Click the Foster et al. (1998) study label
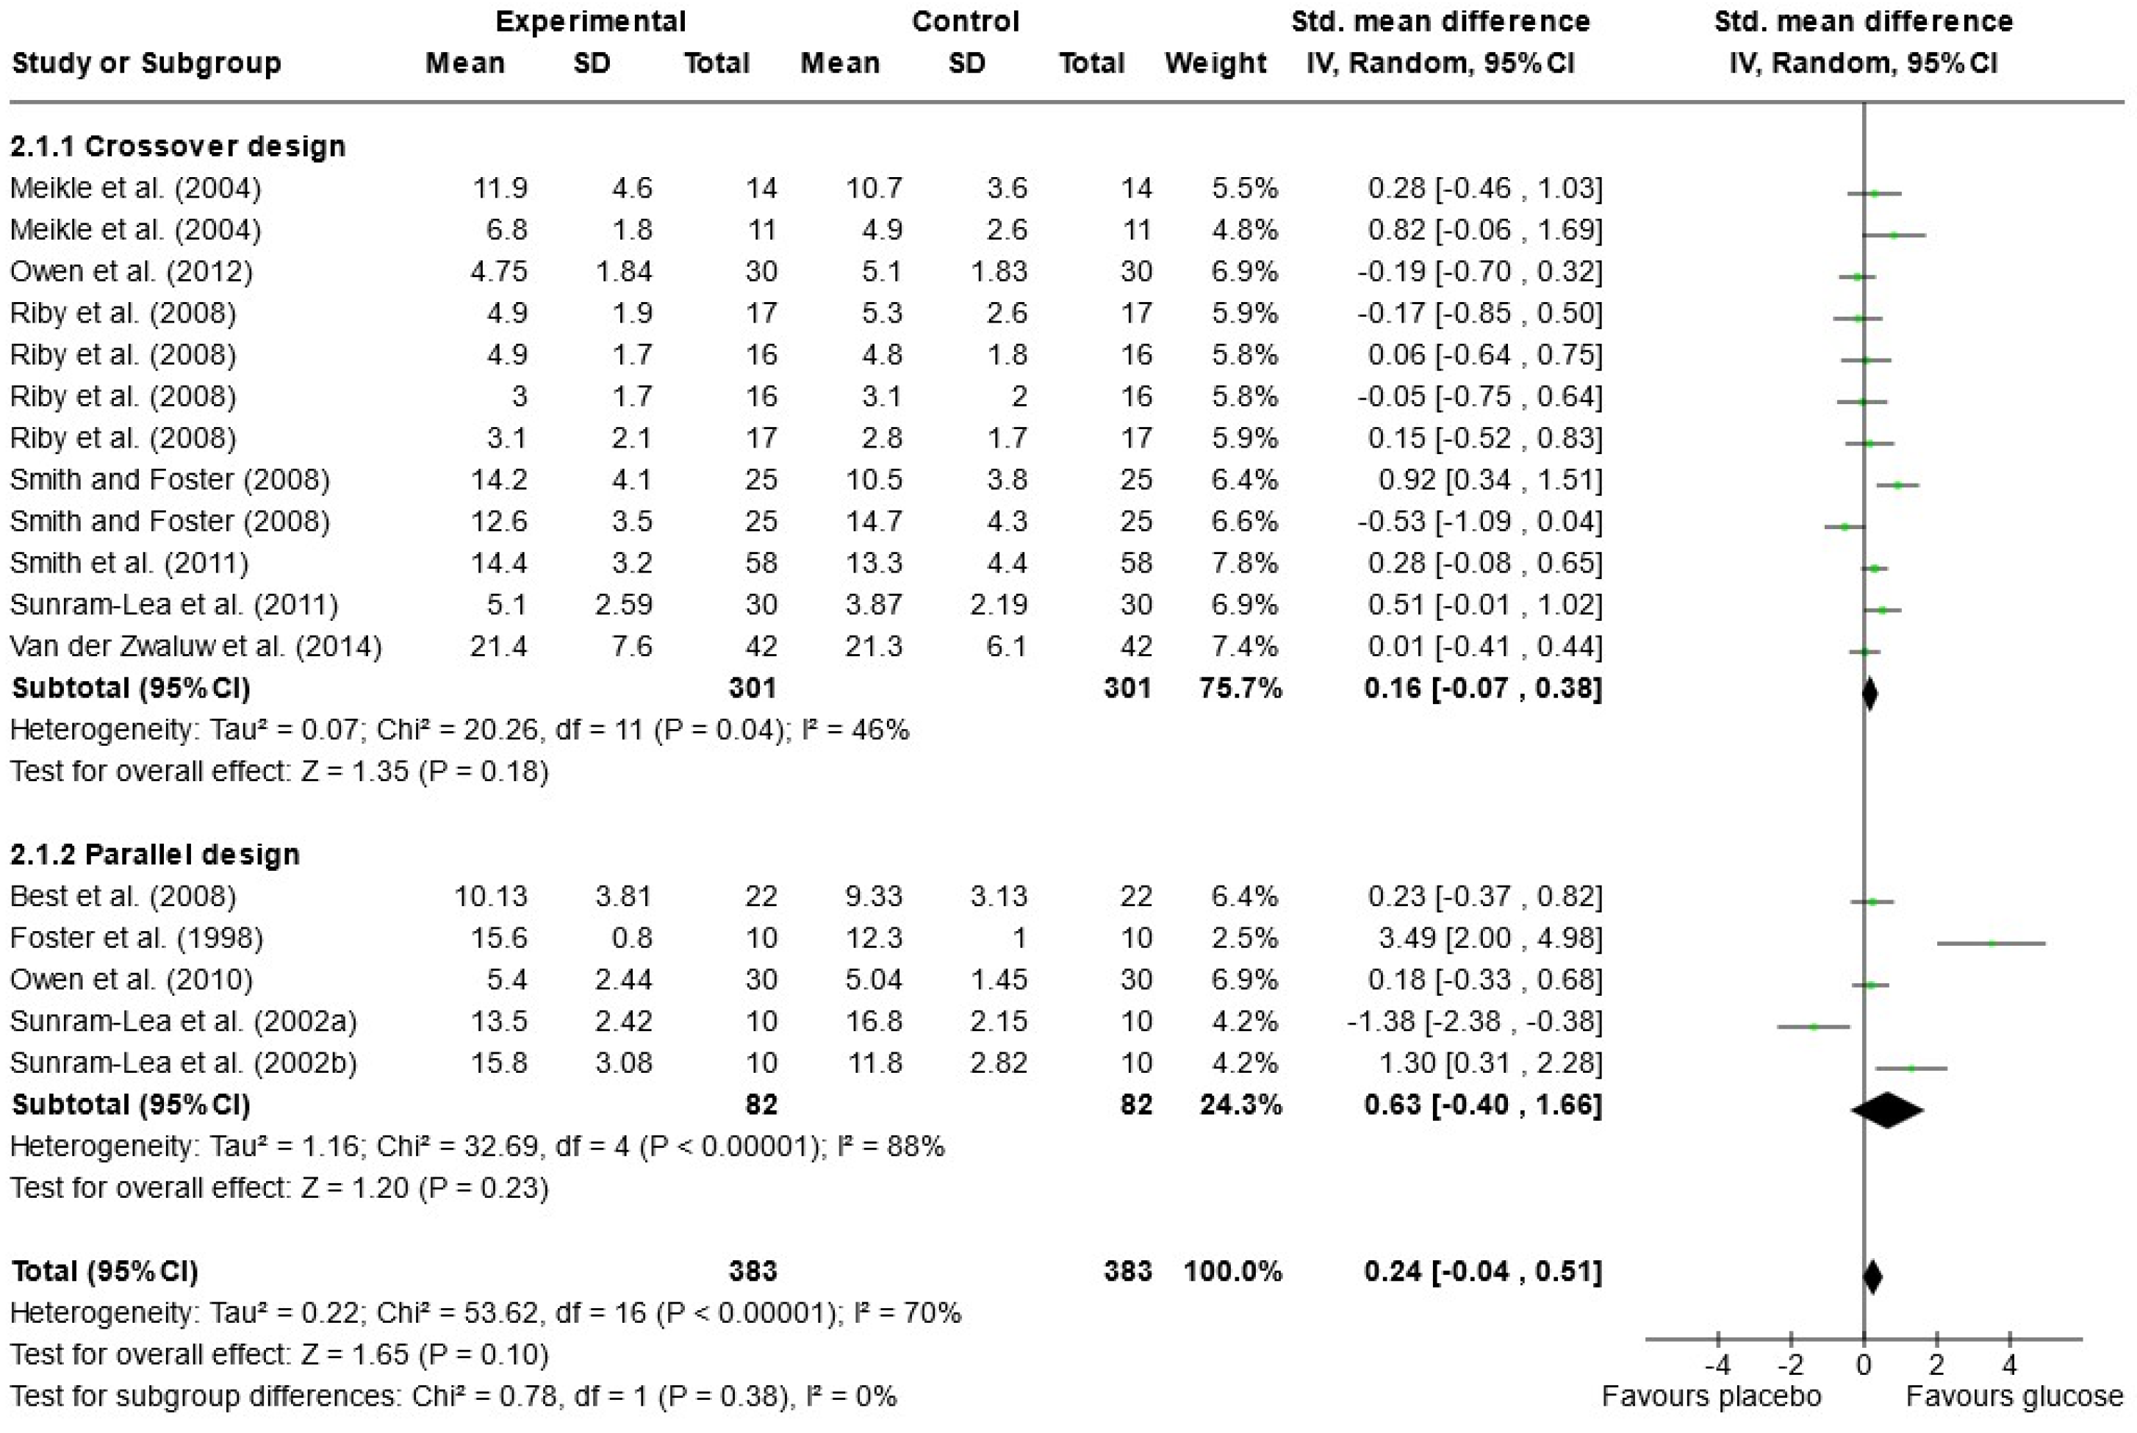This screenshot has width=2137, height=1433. tap(136, 938)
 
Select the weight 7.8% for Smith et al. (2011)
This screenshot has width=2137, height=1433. tap(1243, 563)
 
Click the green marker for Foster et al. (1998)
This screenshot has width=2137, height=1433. tap(1991, 943)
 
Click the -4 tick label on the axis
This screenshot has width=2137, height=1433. tap(1717, 1365)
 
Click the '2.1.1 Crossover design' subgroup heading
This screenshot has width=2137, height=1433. tap(178, 146)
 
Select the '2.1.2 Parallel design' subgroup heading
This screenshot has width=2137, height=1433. tap(155, 855)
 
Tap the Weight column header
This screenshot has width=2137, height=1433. tap(1215, 63)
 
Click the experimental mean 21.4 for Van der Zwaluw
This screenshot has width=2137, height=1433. tap(498, 646)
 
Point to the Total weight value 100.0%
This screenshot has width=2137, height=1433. tap(1232, 1271)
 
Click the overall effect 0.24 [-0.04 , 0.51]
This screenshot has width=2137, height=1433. tap(1482, 1271)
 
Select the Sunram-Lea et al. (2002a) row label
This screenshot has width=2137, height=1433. tap(183, 1021)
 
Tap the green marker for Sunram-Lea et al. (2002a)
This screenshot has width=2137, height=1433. tap(1814, 1027)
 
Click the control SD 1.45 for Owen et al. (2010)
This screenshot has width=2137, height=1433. tap(999, 980)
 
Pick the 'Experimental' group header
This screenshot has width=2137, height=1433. tap(590, 21)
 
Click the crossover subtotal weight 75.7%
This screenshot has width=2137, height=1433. tap(1240, 688)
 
